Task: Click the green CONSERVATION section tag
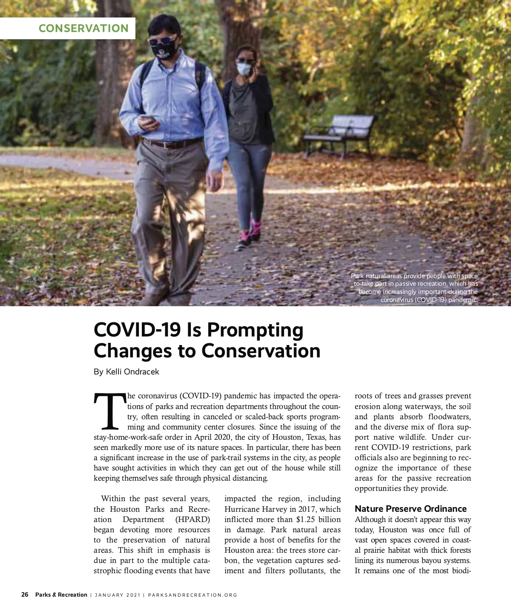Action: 83,29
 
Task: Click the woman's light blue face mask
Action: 244,69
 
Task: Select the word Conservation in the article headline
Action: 261,351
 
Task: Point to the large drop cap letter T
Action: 110,412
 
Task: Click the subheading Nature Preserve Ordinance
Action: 411,509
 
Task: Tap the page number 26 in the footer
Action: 25,595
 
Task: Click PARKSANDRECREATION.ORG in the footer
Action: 192,595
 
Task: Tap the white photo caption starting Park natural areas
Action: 415,288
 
